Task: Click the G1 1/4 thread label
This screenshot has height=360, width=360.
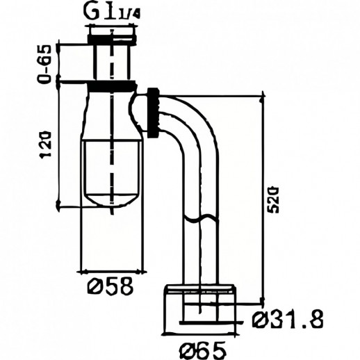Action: [112, 12]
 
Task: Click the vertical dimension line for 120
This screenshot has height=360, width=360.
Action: [58, 146]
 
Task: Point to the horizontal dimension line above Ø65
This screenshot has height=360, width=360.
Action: [202, 334]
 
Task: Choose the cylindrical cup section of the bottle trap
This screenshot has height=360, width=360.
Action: [111, 167]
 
